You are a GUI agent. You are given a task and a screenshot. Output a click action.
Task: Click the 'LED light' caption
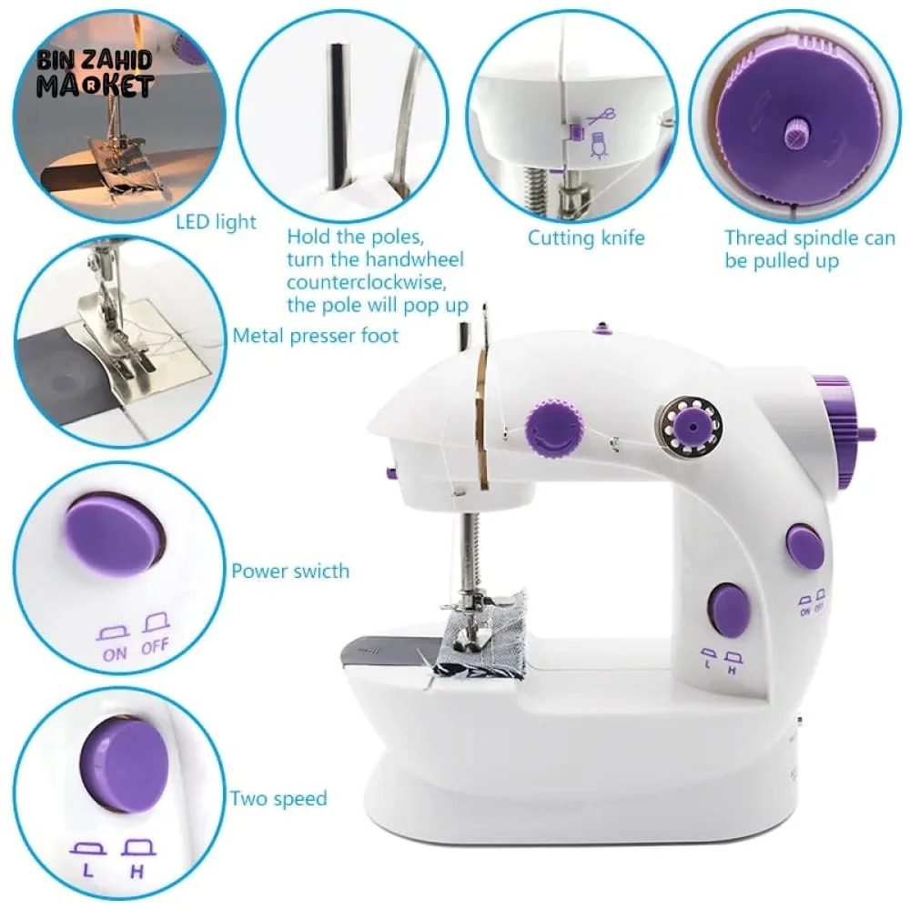pos(216,222)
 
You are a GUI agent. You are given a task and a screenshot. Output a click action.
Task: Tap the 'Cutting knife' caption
pos(585,238)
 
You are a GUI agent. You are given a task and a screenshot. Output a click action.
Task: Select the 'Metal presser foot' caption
pos(315,336)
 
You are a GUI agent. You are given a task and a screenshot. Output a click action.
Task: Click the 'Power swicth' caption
pos(290,571)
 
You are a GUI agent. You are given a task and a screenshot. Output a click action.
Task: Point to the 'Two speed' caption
pos(278,799)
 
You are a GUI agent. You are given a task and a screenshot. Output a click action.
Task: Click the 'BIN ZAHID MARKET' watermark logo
pos(96,73)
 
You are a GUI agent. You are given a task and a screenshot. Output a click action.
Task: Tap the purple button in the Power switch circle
pos(115,533)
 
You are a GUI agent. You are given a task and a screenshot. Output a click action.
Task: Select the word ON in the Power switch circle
pos(115,654)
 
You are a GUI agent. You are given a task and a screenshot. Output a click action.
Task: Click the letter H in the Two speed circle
pos(137,872)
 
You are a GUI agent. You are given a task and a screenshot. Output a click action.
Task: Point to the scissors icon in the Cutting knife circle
pos(602,116)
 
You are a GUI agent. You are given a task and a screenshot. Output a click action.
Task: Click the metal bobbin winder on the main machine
pos(689,427)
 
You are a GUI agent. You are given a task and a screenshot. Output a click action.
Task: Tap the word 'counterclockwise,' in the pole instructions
pos(367,283)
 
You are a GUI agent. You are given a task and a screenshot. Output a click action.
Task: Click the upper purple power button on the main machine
pos(805,545)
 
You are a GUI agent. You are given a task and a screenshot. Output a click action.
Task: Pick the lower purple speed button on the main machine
pos(729,610)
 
